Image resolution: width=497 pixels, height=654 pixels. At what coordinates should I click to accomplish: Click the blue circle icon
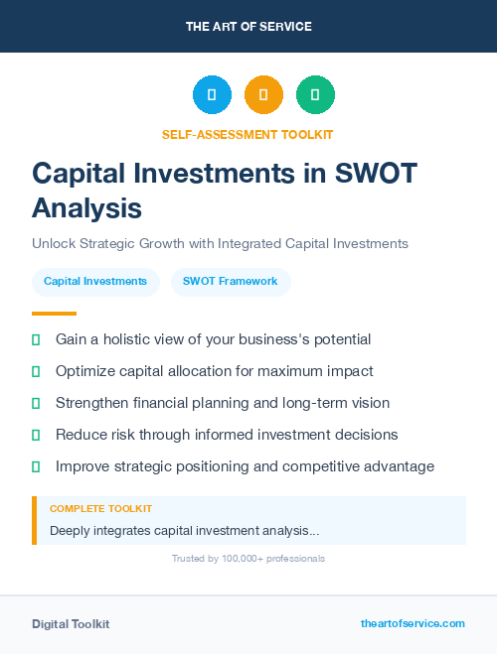[x=212, y=95]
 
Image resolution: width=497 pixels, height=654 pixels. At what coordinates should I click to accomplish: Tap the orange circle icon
[x=263, y=95]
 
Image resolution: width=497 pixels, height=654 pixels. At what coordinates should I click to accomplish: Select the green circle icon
[x=315, y=95]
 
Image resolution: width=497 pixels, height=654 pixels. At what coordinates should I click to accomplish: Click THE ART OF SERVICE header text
[x=248, y=27]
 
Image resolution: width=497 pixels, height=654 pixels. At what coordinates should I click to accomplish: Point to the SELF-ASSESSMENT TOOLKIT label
[x=248, y=134]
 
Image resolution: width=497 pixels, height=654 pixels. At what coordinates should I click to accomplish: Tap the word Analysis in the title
[x=87, y=208]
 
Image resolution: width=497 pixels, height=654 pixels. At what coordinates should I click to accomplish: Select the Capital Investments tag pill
[x=95, y=282]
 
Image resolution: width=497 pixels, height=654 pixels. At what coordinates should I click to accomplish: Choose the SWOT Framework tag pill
[x=231, y=282]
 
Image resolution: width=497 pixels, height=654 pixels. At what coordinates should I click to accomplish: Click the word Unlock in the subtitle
[x=52, y=243]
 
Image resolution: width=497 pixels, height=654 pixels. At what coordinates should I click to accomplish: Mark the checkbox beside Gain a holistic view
[x=36, y=339]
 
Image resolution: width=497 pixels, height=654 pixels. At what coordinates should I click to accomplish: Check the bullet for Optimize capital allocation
[x=36, y=371]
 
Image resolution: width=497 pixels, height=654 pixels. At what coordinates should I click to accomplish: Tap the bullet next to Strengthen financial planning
[x=36, y=403]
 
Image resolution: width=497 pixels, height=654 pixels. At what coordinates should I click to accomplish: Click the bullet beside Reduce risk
[x=36, y=435]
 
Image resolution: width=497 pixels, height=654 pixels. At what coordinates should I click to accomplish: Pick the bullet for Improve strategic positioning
[x=36, y=466]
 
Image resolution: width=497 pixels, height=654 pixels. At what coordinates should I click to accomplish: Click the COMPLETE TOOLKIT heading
[x=100, y=509]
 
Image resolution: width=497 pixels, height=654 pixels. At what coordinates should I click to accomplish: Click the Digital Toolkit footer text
[x=71, y=624]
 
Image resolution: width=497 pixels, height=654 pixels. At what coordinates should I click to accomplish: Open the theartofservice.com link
[x=413, y=623]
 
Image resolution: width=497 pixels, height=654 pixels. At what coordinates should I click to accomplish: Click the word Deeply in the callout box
[x=71, y=531]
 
